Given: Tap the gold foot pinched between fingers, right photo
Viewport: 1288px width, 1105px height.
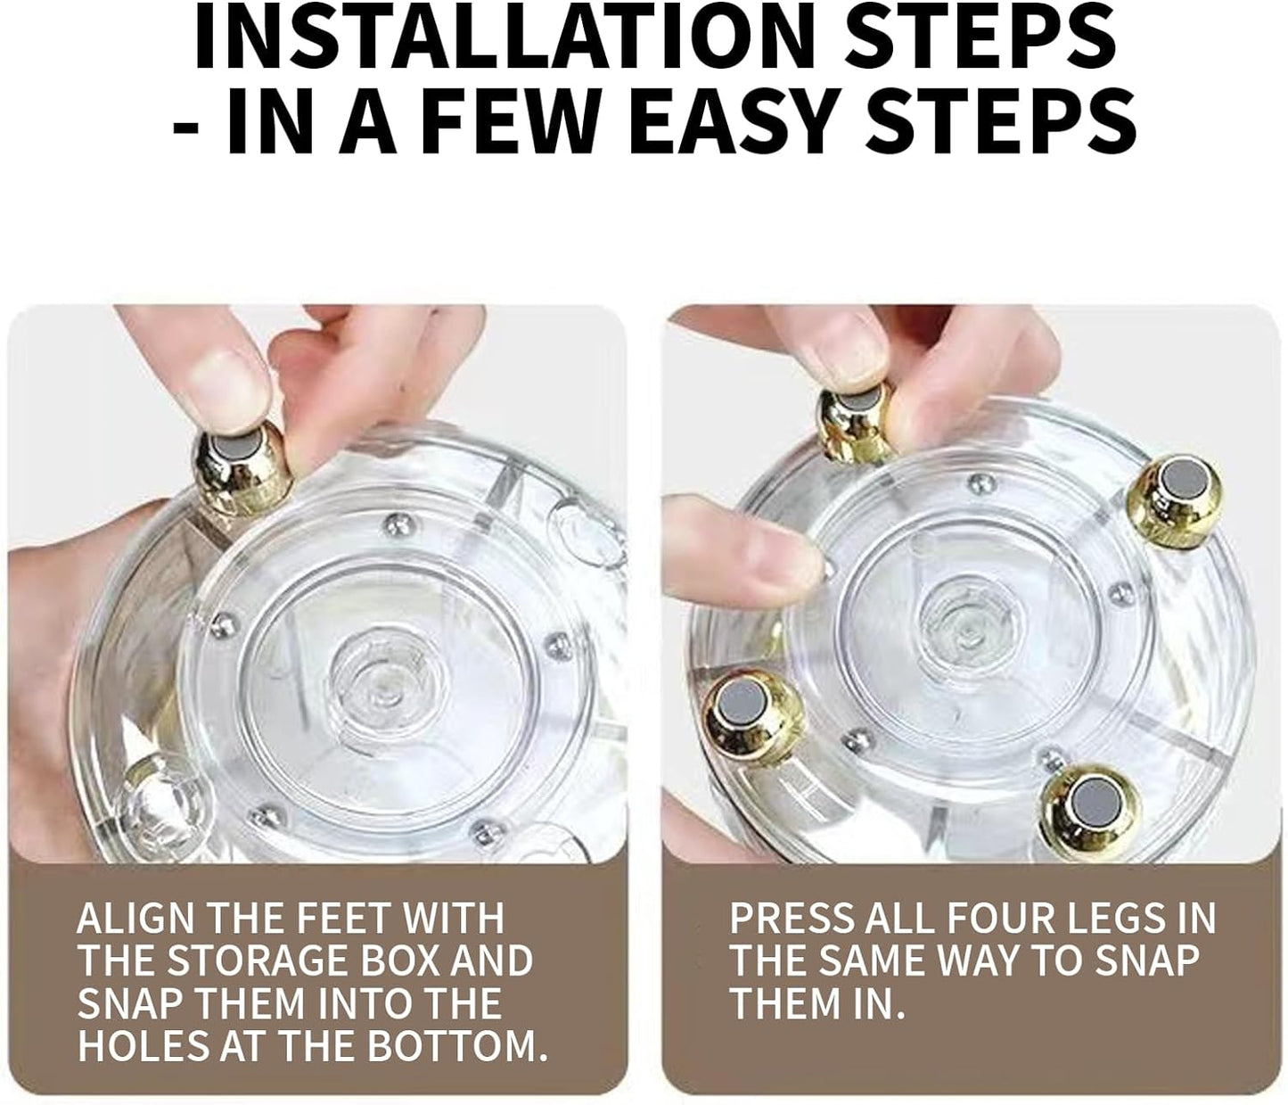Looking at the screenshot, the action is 855,424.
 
